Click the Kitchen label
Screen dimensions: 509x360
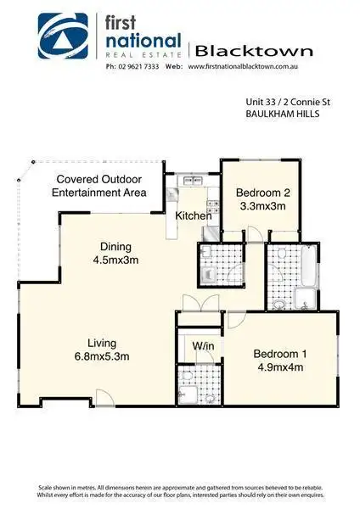coord(194,215)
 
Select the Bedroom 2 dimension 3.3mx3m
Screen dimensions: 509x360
coord(260,205)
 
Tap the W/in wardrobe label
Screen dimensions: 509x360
coord(202,345)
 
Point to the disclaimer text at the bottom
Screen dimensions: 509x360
coord(180,492)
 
